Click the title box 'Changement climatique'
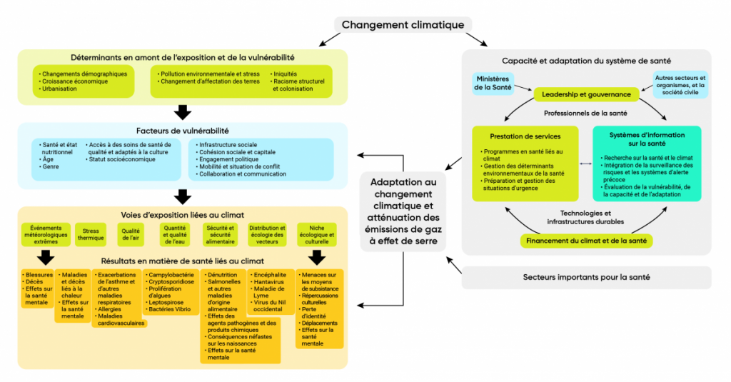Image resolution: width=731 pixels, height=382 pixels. (x=403, y=25)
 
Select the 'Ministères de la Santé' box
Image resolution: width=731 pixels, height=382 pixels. (x=493, y=84)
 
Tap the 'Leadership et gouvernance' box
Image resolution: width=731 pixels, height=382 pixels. (x=586, y=94)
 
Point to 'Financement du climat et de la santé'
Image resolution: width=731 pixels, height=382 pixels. (x=586, y=241)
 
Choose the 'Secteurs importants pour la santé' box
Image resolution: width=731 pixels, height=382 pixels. (x=586, y=277)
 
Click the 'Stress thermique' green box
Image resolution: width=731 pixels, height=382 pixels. (x=91, y=233)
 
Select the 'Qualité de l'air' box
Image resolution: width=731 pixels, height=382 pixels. (x=131, y=233)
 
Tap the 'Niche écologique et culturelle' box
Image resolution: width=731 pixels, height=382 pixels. (x=316, y=233)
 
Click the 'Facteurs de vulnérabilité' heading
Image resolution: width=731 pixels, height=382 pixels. (x=183, y=131)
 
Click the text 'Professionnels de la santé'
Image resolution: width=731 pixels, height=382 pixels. (x=585, y=114)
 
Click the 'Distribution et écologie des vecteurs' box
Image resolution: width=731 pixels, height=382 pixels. (x=267, y=233)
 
